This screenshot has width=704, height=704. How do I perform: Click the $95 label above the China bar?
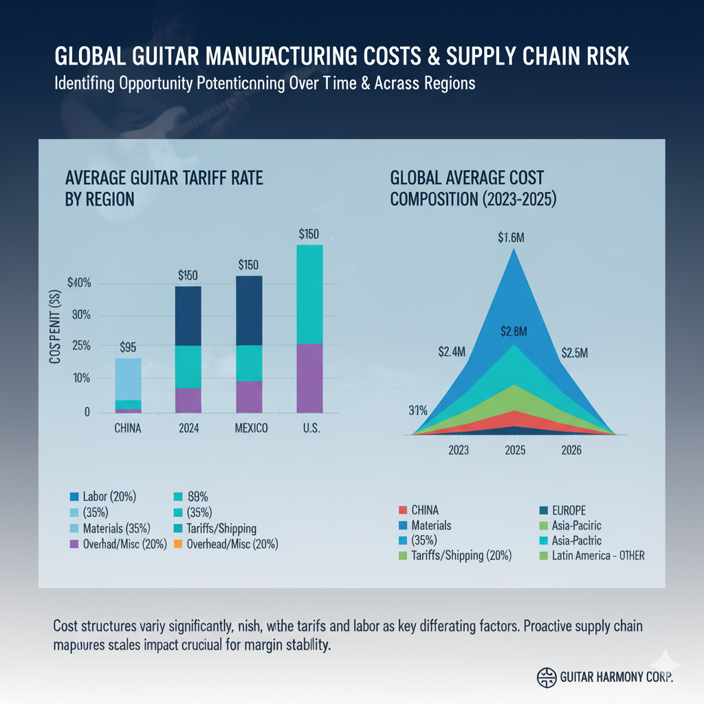(x=128, y=347)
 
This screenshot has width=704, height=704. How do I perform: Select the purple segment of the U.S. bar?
(x=309, y=378)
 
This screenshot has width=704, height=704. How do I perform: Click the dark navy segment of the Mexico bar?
(x=250, y=311)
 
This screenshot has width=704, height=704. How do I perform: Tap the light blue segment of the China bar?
(x=128, y=379)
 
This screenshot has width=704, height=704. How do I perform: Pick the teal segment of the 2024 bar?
(x=189, y=367)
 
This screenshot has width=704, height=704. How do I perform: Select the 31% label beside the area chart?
(x=418, y=411)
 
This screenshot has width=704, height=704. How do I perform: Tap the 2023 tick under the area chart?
(x=459, y=450)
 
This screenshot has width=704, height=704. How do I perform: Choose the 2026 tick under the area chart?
(x=571, y=450)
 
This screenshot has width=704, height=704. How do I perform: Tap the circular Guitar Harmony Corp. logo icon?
(x=545, y=676)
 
